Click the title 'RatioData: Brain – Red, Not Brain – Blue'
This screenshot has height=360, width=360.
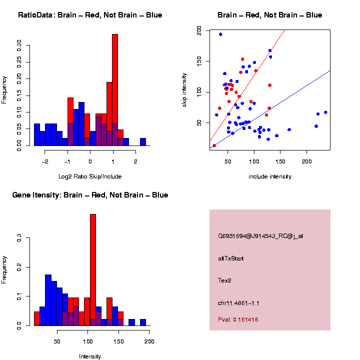pos(90,15)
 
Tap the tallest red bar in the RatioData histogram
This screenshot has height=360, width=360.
pos(115,90)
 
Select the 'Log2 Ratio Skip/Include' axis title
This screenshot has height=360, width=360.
pos(90,176)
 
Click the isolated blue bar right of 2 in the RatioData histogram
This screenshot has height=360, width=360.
pos(143,142)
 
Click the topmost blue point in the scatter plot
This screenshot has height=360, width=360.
pos(220,34)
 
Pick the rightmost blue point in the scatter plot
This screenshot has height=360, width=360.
pos(325,112)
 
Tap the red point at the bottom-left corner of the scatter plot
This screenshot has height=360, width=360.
pos(214,145)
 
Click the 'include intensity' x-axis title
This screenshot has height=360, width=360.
pos(270,176)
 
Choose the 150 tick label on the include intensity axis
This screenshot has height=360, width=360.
pos(280,161)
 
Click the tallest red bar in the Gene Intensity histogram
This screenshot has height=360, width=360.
pos(93,270)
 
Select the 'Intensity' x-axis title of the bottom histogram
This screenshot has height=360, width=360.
pos(90,356)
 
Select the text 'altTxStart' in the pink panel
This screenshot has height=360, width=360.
pos(231,258)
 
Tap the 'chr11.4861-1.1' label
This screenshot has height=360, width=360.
pos(239,303)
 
